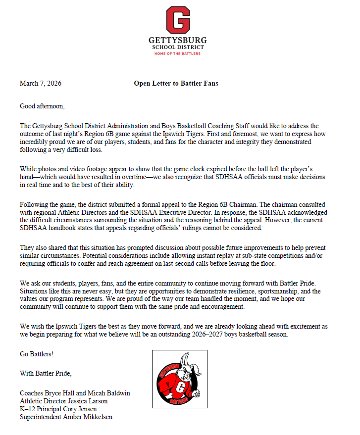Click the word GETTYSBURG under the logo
point(178,40)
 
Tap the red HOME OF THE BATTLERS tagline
point(178,53)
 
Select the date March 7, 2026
point(41,83)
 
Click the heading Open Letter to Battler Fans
point(176,83)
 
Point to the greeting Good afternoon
point(42,106)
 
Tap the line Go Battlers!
point(36,355)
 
